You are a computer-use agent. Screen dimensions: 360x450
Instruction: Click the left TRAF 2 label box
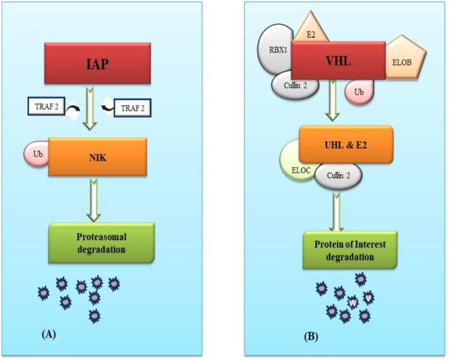click(x=46, y=109)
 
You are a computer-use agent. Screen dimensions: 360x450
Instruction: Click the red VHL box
click(x=338, y=60)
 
